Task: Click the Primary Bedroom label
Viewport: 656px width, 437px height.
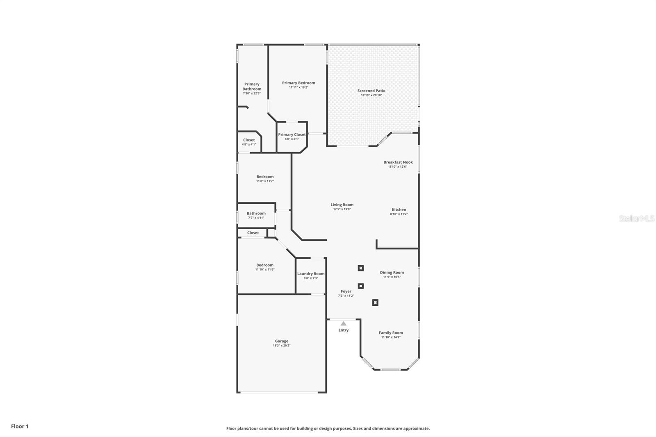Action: [298, 83]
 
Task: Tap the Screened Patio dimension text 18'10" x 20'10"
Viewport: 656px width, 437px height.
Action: [371, 95]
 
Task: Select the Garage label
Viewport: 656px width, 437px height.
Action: [281, 341]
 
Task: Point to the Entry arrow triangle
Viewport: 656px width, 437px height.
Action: [344, 324]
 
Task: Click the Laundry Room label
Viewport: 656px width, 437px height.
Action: [311, 274]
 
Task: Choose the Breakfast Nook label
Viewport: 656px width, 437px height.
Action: [398, 162]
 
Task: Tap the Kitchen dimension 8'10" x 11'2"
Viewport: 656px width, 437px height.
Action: [399, 214]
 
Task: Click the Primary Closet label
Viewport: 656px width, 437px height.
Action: [292, 134]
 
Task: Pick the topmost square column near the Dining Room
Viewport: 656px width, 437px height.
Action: [361, 268]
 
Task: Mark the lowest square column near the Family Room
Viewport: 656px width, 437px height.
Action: [375, 303]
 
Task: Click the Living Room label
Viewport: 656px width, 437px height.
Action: [342, 205]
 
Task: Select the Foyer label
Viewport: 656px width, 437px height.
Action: [346, 291]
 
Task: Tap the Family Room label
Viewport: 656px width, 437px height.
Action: [391, 333]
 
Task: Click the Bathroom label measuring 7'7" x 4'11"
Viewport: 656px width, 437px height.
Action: [256, 214]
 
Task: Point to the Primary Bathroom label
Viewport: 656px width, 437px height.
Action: [252, 86]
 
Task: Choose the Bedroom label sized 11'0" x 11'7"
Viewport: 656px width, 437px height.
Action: [265, 177]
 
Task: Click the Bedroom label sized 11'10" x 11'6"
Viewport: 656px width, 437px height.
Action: [265, 265]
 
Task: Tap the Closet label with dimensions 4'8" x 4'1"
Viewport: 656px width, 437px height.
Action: [249, 140]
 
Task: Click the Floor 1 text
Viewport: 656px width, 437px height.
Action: [20, 426]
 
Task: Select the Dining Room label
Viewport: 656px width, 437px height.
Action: [392, 273]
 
